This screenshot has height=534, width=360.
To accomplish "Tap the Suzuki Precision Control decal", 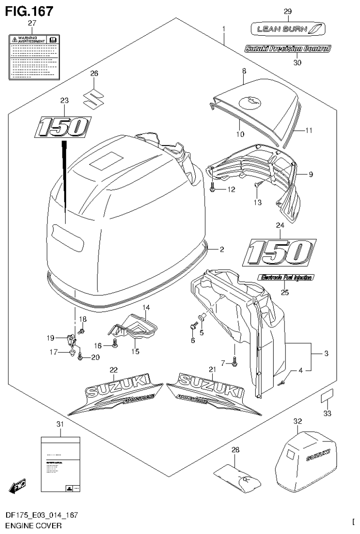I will (287, 48).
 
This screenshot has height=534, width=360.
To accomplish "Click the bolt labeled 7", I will (235, 362).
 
